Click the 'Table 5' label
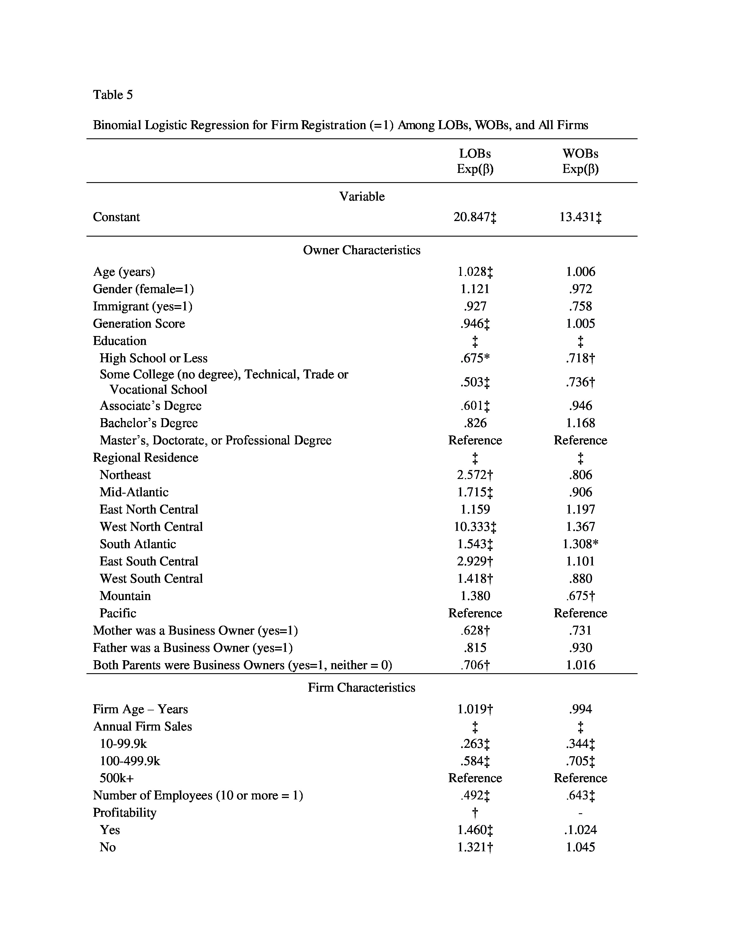pyautogui.click(x=113, y=95)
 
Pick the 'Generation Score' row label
pyautogui.click(x=139, y=324)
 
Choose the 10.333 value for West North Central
pyautogui.click(x=475, y=527)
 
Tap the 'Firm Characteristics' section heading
pyautogui.click(x=361, y=688)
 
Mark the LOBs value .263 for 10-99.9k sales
pyautogui.click(x=475, y=744)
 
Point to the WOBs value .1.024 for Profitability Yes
pyautogui.click(x=580, y=830)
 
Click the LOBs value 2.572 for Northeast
pyautogui.click(x=475, y=475)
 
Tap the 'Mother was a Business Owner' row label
pyautogui.click(x=195, y=631)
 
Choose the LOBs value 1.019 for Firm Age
pyautogui.click(x=475, y=709)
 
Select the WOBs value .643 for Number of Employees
pyautogui.click(x=580, y=796)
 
